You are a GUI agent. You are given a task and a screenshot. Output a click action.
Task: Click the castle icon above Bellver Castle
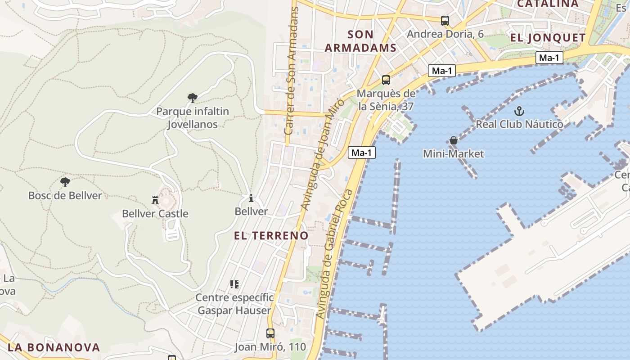[155, 200]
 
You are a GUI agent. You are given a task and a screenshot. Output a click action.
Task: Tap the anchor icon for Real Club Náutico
[520, 111]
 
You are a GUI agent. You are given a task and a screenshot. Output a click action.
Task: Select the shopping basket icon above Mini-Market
[454, 140]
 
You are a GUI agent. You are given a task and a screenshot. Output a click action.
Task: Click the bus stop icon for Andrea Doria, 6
[445, 20]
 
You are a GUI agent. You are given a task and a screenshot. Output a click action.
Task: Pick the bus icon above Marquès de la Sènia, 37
[386, 80]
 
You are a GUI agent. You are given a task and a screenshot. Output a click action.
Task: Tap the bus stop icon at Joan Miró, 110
[270, 333]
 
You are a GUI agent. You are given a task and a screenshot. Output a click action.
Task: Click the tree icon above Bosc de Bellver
[65, 182]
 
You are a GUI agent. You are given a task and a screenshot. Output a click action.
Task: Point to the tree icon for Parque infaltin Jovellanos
[193, 98]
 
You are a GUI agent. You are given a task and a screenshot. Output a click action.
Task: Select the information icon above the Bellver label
[251, 198]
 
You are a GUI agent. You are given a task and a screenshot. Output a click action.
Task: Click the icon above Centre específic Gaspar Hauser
[234, 284]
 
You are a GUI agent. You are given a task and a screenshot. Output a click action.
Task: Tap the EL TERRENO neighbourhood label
[271, 235]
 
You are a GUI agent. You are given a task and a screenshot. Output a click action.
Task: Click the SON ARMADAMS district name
[360, 41]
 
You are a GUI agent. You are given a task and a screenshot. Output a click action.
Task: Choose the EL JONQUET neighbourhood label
[548, 38]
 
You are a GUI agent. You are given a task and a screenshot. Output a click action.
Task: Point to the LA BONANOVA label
[54, 347]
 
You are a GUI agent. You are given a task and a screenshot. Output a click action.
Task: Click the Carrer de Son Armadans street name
[292, 72]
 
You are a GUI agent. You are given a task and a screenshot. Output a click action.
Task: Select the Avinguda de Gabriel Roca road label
[334, 255]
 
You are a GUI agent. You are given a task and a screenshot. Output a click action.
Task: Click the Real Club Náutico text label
[519, 124]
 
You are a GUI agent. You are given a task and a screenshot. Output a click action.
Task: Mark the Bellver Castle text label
[155, 214]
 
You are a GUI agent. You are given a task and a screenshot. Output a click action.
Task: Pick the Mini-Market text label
[454, 154]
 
